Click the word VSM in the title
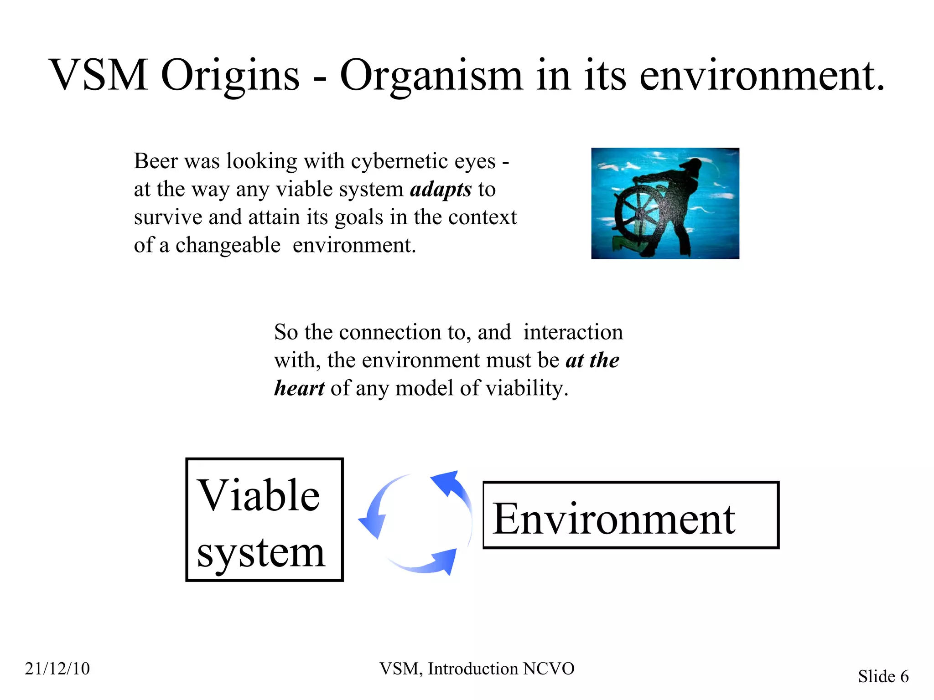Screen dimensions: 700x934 click(x=98, y=75)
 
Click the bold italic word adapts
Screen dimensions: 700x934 click(x=441, y=190)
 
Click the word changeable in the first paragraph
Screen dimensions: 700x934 click(x=228, y=246)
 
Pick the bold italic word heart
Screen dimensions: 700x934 click(x=299, y=388)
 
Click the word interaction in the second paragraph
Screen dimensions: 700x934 click(x=573, y=332)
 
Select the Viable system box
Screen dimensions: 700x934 click(x=265, y=520)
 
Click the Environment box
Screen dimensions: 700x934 click(x=631, y=515)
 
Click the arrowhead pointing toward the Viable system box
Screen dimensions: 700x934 click(x=372, y=524)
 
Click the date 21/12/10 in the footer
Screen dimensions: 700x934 click(x=57, y=669)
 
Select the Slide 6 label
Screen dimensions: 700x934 click(x=883, y=676)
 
